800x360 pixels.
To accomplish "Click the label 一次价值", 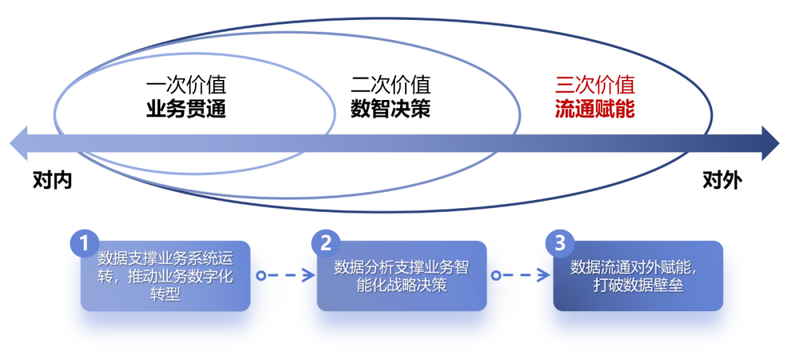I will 186,85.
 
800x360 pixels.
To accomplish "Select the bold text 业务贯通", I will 186,110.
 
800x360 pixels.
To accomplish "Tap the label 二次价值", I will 390,85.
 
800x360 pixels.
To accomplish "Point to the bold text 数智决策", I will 390,110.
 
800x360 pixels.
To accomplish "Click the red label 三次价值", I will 595,85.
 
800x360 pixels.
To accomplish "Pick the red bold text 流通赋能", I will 595,110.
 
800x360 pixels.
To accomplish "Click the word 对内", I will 53,181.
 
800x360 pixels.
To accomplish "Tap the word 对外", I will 721,181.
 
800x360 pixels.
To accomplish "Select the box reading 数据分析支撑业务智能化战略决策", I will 401,276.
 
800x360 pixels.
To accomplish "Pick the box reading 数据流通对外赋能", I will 638,276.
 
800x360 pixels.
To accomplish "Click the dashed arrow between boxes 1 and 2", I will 284,276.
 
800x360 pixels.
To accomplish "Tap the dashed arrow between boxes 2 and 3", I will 521,276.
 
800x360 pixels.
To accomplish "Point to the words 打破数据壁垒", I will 636,285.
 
